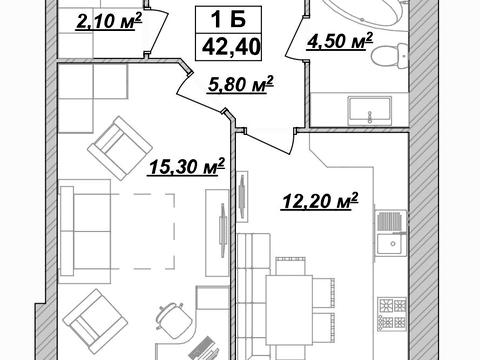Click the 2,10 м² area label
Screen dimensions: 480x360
click(109, 21)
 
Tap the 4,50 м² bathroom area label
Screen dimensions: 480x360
click(339, 41)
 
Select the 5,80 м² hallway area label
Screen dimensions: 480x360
click(240, 84)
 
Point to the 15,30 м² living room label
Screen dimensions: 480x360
click(186, 166)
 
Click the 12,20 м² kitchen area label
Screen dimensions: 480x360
click(320, 201)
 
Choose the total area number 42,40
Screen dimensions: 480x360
click(231, 47)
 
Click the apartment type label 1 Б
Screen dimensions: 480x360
click(229, 19)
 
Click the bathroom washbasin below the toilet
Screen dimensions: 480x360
click(369, 111)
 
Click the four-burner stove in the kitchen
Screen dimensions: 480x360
click(392, 314)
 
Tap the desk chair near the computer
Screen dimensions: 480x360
click(173, 318)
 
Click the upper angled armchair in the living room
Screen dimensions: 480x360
click(120, 148)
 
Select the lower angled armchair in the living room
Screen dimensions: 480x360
click(95, 322)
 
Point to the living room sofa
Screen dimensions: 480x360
click(85, 231)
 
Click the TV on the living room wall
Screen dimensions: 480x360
click(223, 230)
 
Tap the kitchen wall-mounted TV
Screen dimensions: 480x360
click(242, 197)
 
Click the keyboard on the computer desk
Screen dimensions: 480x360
click(204, 349)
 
